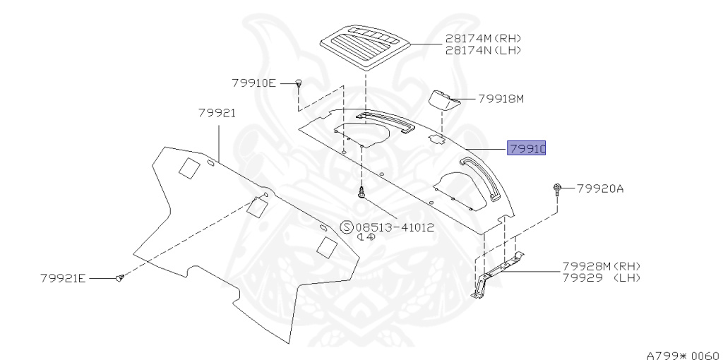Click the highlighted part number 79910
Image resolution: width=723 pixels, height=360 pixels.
(526, 149)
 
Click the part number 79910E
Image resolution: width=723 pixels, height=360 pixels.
(253, 83)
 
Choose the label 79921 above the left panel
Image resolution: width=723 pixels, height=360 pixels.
(217, 113)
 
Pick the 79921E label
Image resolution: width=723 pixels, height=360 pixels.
(63, 278)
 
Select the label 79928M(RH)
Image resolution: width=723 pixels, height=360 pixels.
(601, 266)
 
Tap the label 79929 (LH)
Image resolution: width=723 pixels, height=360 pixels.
(601, 278)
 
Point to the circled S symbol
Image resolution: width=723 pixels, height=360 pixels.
(347, 227)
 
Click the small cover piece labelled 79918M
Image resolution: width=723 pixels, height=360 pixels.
(443, 100)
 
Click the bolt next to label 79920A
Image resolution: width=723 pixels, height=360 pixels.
(557, 188)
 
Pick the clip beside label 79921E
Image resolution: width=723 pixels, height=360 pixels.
(120, 279)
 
